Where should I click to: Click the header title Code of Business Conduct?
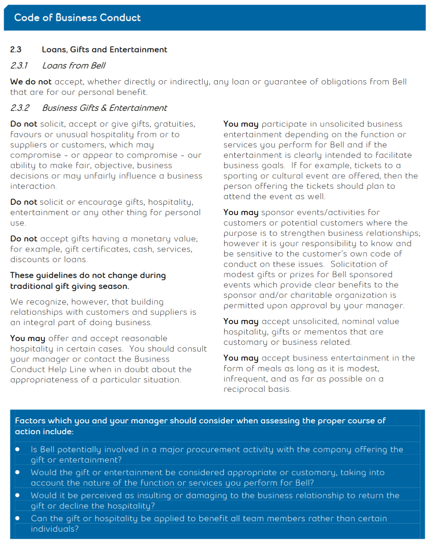point(77,18)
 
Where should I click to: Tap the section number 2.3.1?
point(19,66)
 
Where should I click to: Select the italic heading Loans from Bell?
point(74,66)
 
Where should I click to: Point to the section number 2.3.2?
point(19,108)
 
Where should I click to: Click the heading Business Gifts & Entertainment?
point(104,108)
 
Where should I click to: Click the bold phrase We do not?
point(31,82)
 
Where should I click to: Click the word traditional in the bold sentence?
point(32,286)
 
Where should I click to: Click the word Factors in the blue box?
point(30,421)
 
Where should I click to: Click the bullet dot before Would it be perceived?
point(18,495)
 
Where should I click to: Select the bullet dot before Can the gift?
point(18,519)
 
